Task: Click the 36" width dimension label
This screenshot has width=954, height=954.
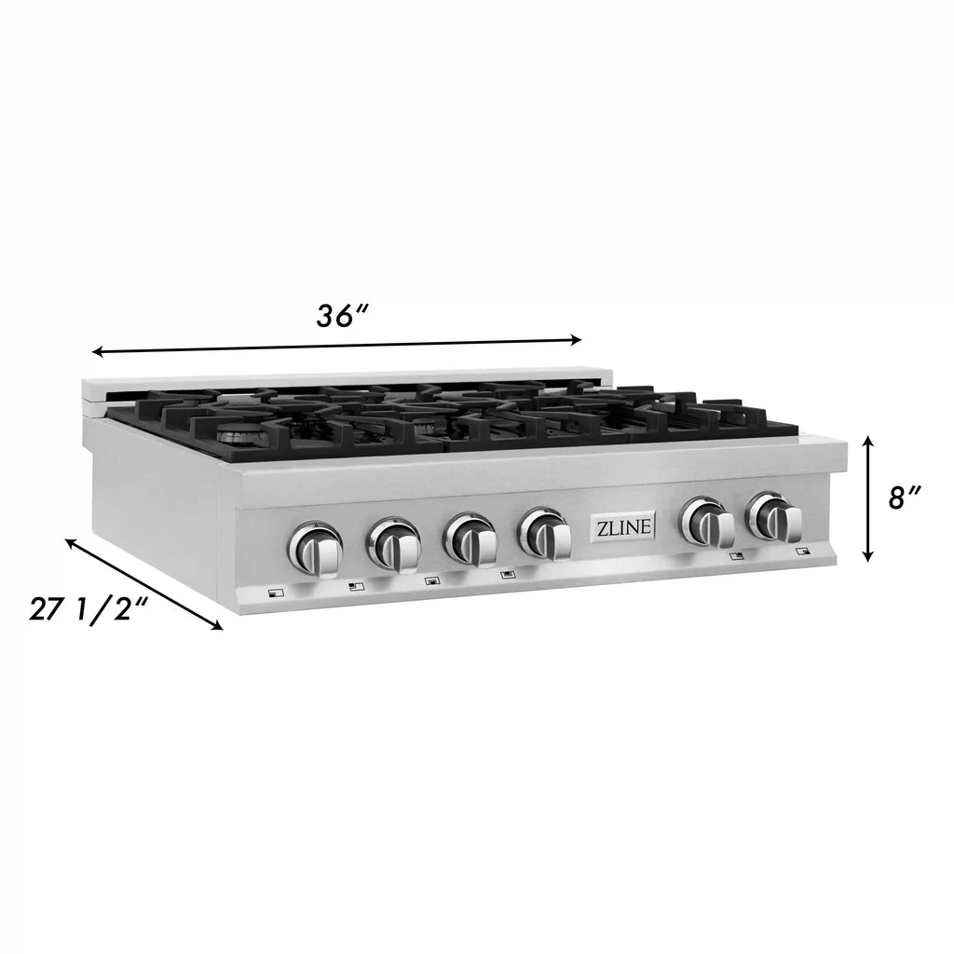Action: point(343,316)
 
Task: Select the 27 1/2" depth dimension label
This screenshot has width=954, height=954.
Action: point(89,608)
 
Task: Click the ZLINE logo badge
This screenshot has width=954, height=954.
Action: point(622,526)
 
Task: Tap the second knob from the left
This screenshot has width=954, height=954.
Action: point(394,541)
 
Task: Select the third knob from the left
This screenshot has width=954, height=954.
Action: point(470,538)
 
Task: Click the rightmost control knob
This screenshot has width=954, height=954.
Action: point(775,519)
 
